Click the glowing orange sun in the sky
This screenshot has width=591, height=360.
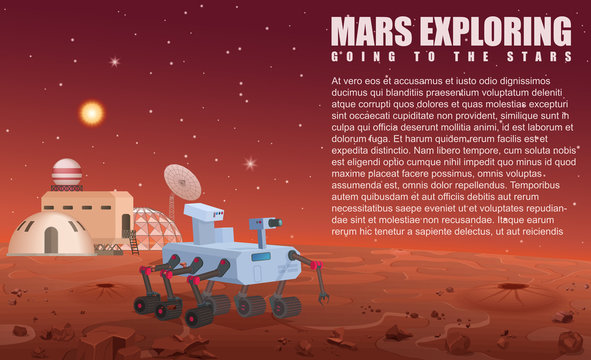pyautogui.click(x=92, y=113)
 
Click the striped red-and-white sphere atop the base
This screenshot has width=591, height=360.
pyautogui.click(x=67, y=173)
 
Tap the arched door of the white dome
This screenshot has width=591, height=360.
pyautogui.click(x=51, y=240)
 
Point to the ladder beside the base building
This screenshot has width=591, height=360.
pyautogui.click(x=132, y=242)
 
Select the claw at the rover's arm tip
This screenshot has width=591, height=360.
pyautogui.click(x=323, y=295)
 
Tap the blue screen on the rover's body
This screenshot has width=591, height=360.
pyautogui.click(x=261, y=256)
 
